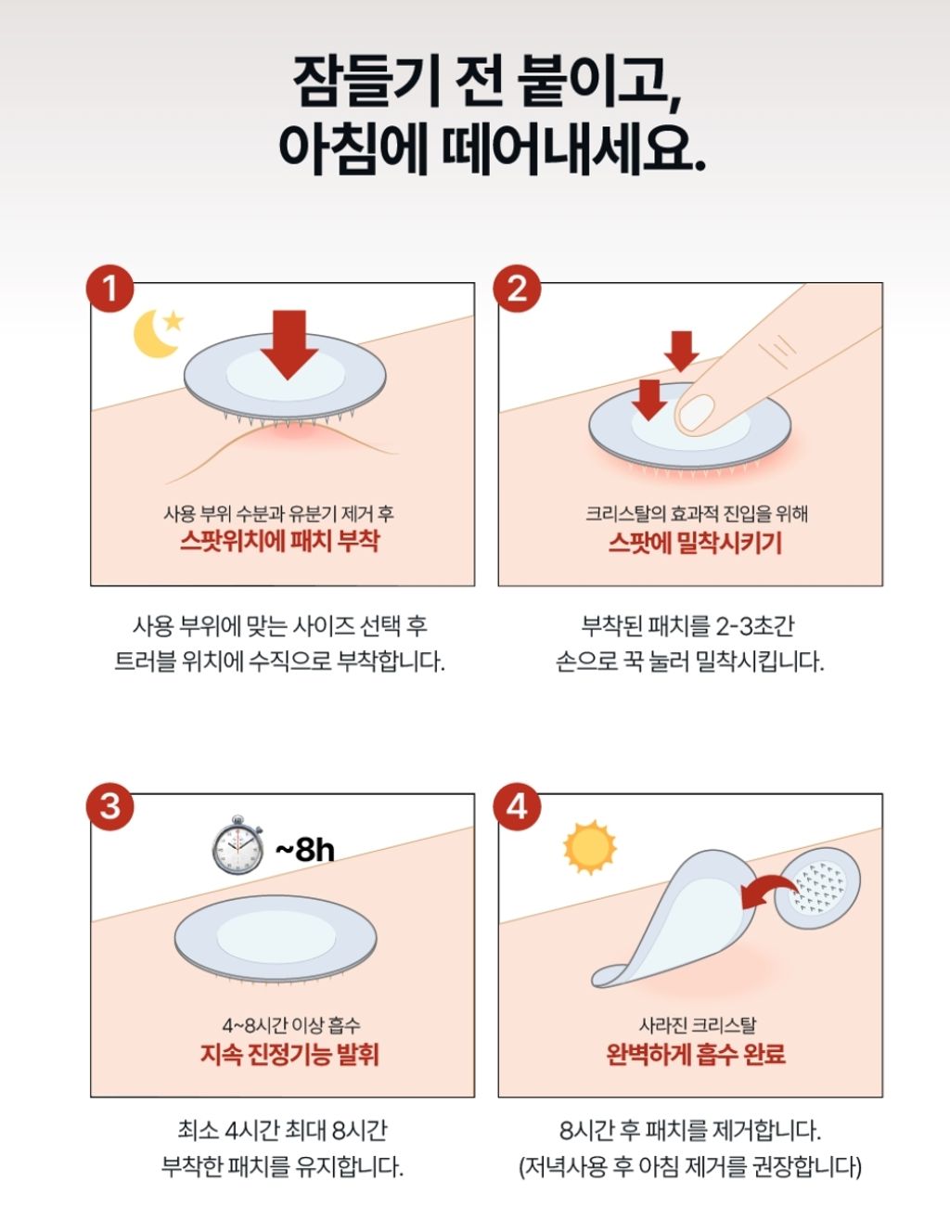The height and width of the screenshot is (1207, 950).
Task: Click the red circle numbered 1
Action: (109, 289)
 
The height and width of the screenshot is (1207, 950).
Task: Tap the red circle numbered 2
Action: (517, 289)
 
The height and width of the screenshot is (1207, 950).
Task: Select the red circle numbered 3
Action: (109, 806)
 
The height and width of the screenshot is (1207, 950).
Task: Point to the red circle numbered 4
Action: (517, 806)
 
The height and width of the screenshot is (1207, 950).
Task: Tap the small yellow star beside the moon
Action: (173, 321)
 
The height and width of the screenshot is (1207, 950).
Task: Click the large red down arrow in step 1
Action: (289, 344)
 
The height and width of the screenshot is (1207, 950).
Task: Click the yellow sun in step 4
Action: (589, 847)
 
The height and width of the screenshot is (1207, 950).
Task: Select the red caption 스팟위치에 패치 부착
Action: (280, 541)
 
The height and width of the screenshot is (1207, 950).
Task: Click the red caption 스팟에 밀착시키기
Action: (695, 543)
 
